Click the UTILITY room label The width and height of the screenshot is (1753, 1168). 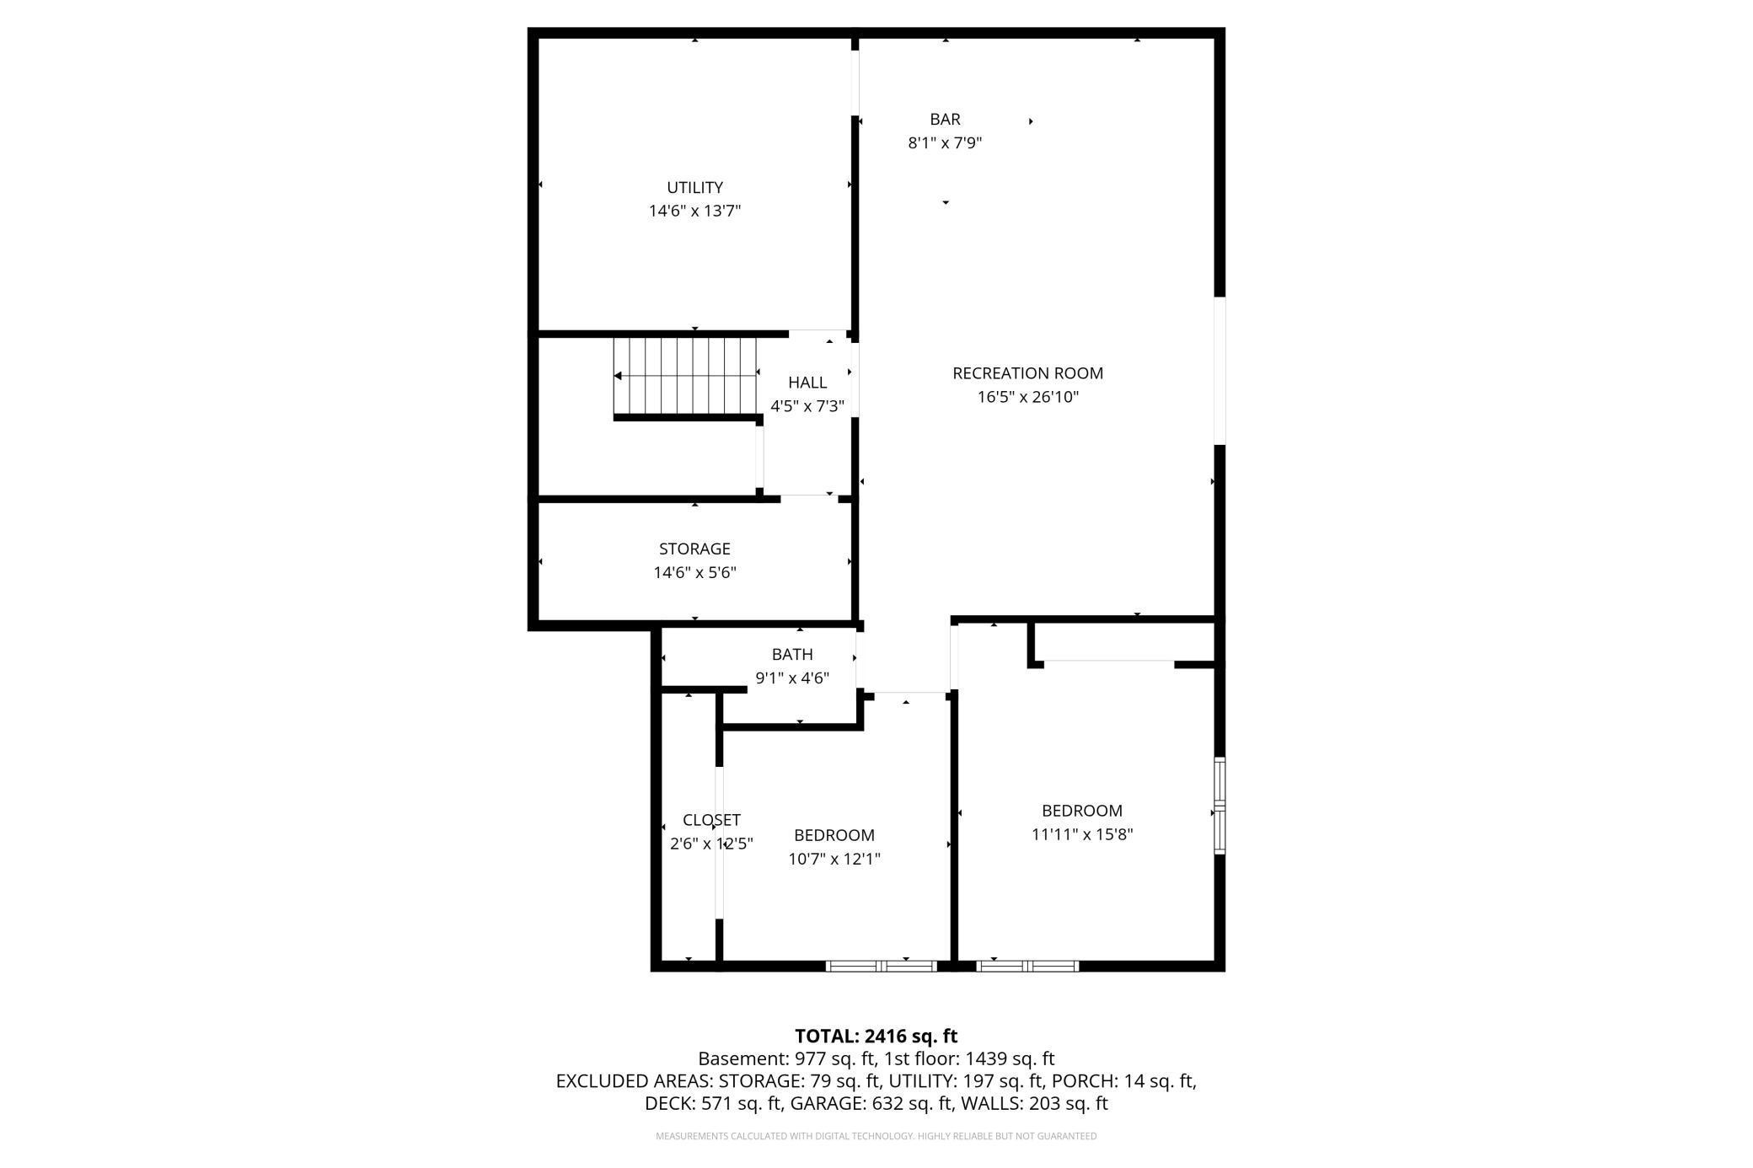click(x=694, y=187)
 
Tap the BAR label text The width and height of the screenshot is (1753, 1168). click(x=945, y=120)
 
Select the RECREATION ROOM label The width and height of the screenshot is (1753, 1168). click(x=1027, y=372)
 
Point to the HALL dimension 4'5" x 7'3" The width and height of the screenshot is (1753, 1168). click(x=807, y=406)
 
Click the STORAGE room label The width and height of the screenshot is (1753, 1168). click(x=694, y=549)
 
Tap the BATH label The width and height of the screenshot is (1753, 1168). click(x=792, y=654)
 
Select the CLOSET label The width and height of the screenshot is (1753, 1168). click(x=711, y=820)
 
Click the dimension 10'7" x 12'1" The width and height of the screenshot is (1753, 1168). click(x=834, y=859)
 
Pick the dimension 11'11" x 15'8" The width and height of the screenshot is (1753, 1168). click(x=1082, y=834)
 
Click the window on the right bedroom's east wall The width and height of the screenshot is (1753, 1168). click(x=1219, y=806)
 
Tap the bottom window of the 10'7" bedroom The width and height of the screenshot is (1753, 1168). click(x=881, y=966)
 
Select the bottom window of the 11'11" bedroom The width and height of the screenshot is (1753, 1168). click(x=1027, y=966)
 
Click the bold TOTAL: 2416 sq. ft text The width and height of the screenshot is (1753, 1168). click(x=876, y=1036)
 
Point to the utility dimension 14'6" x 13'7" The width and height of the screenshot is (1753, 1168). click(x=694, y=211)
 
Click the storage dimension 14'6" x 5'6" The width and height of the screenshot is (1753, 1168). click(x=694, y=573)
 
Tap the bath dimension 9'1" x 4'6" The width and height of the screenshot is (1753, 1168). click(x=792, y=678)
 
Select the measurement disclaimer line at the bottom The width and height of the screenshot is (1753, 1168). click(x=876, y=1136)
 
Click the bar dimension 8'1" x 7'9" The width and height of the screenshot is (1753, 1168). click(x=945, y=143)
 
